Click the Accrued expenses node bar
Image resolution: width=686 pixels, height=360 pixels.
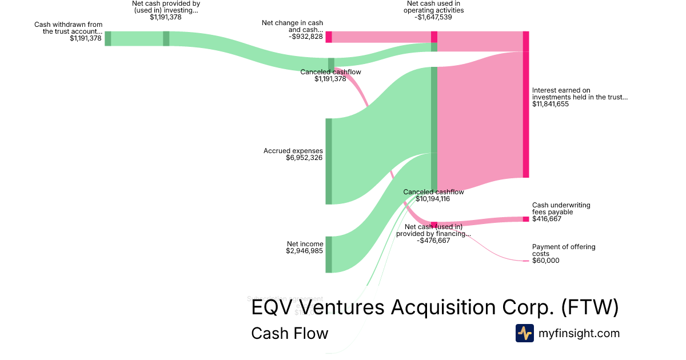pos(329,161)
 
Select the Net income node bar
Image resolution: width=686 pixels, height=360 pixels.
pos(329,254)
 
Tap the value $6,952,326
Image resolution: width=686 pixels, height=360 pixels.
pos(304,158)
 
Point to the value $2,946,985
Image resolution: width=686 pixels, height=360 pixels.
pos(305,251)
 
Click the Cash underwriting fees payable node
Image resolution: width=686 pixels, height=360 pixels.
pos(526,219)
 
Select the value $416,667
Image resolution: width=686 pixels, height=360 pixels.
pos(547,219)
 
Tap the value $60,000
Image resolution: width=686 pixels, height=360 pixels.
pos(545,261)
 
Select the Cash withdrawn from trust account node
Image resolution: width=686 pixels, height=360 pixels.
pos(108,38)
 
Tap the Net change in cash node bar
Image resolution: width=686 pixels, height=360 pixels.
pos(329,37)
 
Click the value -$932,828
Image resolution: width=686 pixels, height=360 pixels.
pos(306,37)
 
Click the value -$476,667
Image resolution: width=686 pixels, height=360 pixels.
pos(433,241)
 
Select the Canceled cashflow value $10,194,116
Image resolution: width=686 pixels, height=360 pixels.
pos(433,199)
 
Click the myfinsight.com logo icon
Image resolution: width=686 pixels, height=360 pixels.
pos(525,333)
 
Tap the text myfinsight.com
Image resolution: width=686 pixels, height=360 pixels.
pos(579,333)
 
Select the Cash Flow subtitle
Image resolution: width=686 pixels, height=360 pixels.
pos(290,333)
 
